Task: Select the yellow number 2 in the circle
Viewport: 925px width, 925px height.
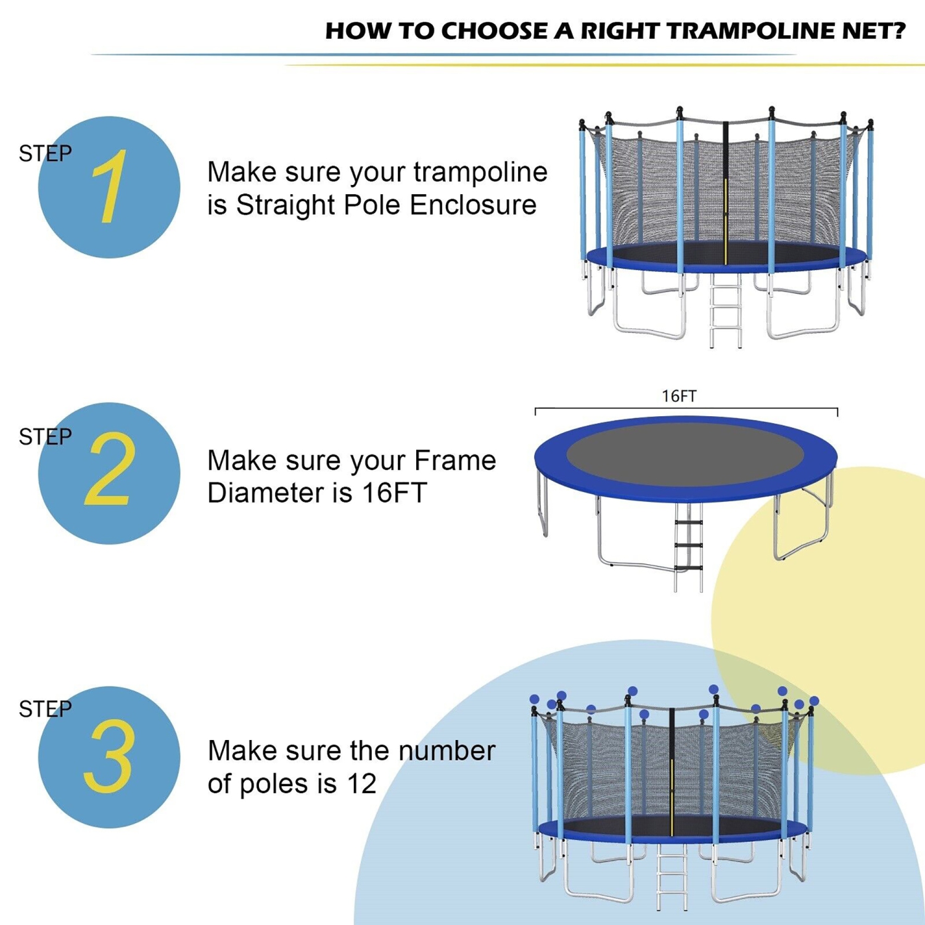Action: click(110, 470)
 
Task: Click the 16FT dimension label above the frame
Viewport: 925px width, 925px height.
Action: click(679, 396)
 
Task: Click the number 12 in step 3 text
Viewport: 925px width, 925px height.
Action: click(361, 784)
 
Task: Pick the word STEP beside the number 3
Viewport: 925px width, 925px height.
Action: click(45, 709)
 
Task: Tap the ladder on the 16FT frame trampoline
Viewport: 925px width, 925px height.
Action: click(688, 546)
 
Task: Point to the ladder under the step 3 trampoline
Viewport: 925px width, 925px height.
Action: click(672, 876)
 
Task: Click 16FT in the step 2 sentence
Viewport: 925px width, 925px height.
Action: click(394, 493)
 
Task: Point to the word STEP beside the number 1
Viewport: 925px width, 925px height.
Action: click(45, 153)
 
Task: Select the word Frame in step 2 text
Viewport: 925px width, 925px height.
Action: click(454, 461)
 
